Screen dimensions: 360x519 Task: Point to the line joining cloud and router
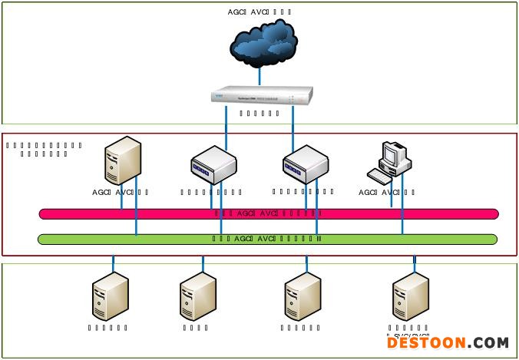(259, 75)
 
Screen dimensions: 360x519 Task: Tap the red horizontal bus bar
(269, 213)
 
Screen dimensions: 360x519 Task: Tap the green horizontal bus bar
(269, 239)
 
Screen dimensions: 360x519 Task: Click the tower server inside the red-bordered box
(123, 160)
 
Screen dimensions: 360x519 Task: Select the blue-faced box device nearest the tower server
(213, 164)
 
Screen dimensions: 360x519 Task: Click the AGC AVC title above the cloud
(259, 12)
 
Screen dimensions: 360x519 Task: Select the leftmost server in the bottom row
(108, 296)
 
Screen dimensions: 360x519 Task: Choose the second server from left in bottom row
(197, 296)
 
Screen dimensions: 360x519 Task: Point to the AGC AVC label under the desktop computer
(387, 193)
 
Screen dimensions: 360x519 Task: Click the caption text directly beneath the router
(259, 114)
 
